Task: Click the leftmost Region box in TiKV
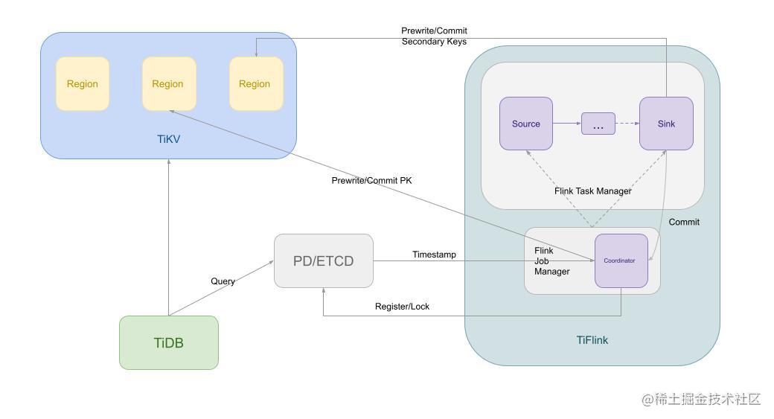(83, 84)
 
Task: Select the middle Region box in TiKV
(169, 84)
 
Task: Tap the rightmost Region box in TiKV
(255, 84)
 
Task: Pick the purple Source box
(525, 124)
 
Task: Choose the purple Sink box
(666, 124)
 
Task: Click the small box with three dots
(598, 124)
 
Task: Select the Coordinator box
(621, 260)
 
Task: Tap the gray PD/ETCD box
(324, 261)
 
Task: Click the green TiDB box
(169, 343)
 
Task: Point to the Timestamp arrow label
(434, 255)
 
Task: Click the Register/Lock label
(402, 307)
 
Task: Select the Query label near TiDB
(223, 281)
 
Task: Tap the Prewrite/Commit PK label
(371, 181)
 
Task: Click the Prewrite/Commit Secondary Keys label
(434, 36)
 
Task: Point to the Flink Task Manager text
(592, 191)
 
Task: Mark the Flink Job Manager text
(551, 261)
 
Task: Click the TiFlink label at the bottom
(592, 340)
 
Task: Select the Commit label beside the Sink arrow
(684, 222)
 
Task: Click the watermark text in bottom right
(701, 400)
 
